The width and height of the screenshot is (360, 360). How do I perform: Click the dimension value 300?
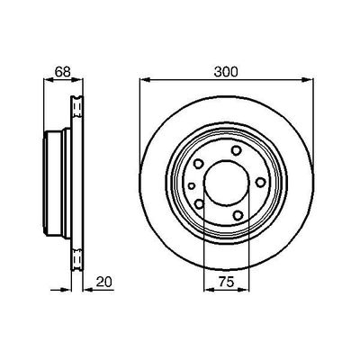point(228,71)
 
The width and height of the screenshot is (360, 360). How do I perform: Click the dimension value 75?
point(228,283)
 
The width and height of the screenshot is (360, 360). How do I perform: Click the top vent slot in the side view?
point(76,106)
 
